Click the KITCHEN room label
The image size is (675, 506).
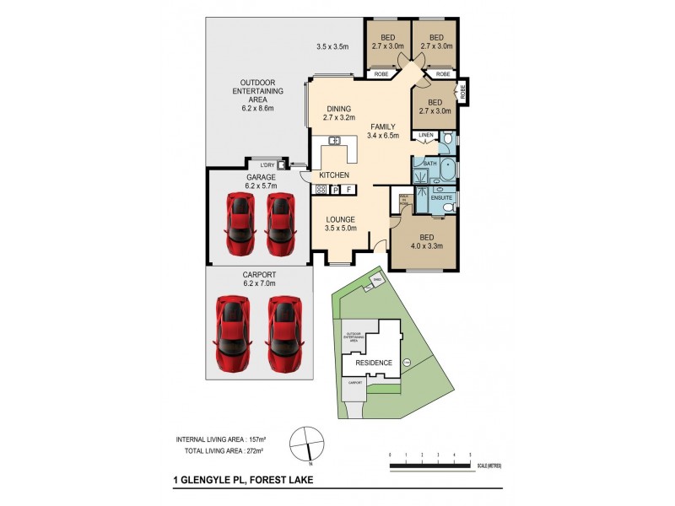tap(334, 175)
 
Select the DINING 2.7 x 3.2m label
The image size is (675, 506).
tap(340, 114)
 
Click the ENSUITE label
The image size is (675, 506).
tap(444, 197)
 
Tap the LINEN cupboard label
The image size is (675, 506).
tap(424, 135)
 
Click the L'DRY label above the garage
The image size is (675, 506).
tap(267, 164)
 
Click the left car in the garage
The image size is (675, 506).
tap(239, 223)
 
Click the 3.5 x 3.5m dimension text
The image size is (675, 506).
tap(332, 46)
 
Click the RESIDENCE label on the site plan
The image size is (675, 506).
tap(373, 363)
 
